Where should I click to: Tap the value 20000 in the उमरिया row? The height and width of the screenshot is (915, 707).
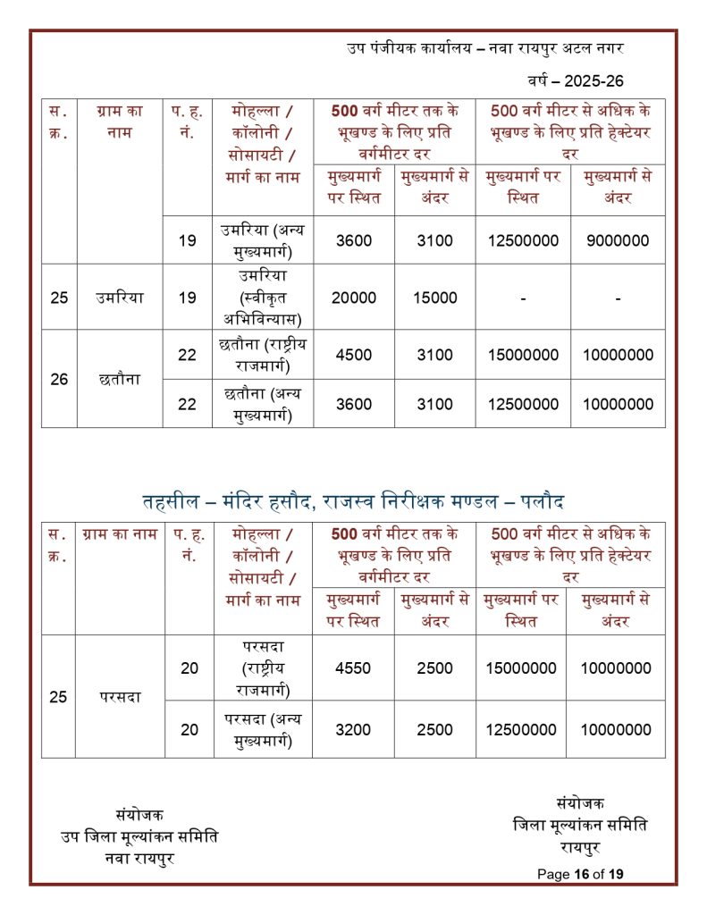point(353,298)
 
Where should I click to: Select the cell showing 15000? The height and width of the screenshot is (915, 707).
point(435,298)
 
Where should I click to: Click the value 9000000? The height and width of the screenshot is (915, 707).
point(618,239)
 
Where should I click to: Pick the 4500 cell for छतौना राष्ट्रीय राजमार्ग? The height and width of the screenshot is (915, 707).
point(353,355)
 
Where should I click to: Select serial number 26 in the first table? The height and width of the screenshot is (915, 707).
point(59,379)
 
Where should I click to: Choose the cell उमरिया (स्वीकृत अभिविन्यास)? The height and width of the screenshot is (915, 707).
point(262,298)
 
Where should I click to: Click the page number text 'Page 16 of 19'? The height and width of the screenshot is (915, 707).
point(580,874)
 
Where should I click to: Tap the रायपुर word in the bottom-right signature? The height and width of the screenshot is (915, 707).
point(579,845)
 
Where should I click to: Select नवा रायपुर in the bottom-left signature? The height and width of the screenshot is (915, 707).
point(139,858)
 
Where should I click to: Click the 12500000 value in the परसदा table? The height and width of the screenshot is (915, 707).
point(521,729)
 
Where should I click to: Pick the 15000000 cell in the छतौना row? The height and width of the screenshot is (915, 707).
point(523,355)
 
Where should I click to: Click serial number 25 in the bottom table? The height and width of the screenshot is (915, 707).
point(58,697)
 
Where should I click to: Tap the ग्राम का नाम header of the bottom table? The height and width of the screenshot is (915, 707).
point(120,534)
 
